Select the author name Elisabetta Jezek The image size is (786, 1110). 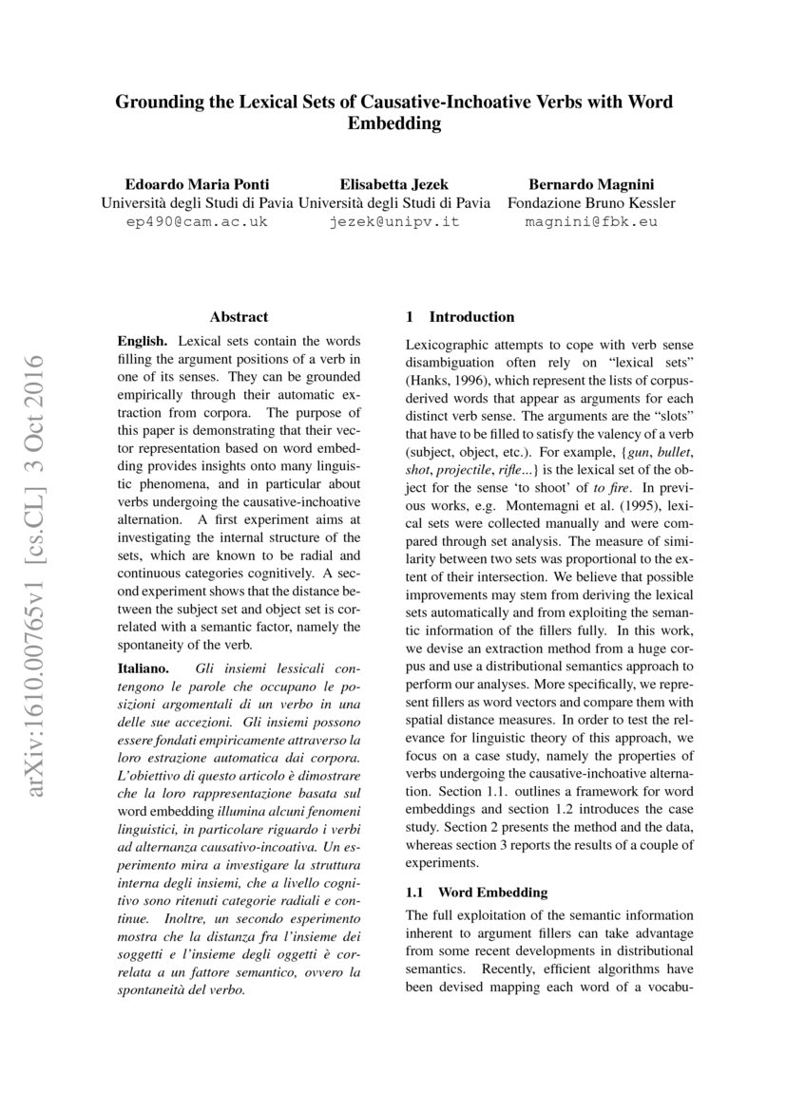394,182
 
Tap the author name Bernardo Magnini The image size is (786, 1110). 590,182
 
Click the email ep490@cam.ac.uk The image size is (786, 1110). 197,222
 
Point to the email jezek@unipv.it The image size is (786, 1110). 394,222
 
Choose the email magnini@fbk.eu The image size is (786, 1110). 590,222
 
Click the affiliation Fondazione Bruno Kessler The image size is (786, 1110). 590,202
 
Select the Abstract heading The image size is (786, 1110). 239,317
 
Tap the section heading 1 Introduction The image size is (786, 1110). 460,317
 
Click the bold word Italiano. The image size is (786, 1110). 144,668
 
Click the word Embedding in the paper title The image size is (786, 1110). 393,123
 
